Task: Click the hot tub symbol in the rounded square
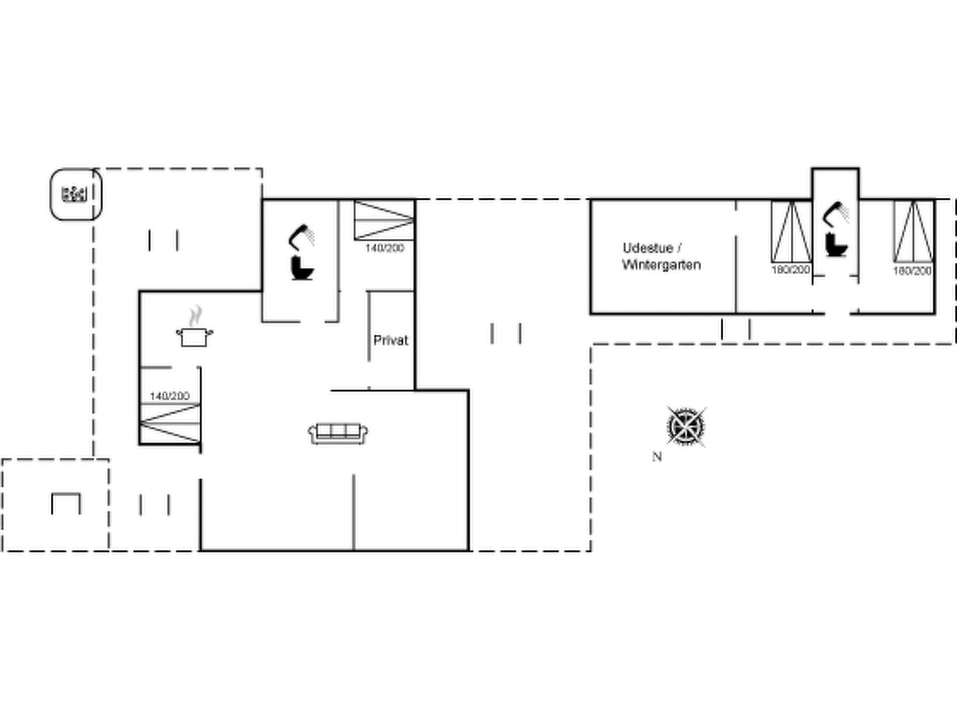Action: click(74, 194)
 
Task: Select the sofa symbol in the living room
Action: click(338, 433)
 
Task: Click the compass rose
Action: click(686, 427)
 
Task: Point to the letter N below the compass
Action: click(657, 457)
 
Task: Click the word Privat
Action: click(391, 340)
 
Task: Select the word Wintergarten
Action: click(661, 265)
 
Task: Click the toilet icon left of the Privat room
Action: click(302, 268)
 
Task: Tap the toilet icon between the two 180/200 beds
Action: click(836, 245)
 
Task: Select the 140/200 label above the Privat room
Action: click(385, 248)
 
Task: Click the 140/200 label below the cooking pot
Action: click(170, 396)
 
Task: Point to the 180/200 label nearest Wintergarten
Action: click(791, 270)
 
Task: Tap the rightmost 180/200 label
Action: click(912, 271)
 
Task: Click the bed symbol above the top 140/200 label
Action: click(384, 220)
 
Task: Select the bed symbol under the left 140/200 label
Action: click(170, 423)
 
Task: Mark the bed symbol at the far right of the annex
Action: click(914, 231)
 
